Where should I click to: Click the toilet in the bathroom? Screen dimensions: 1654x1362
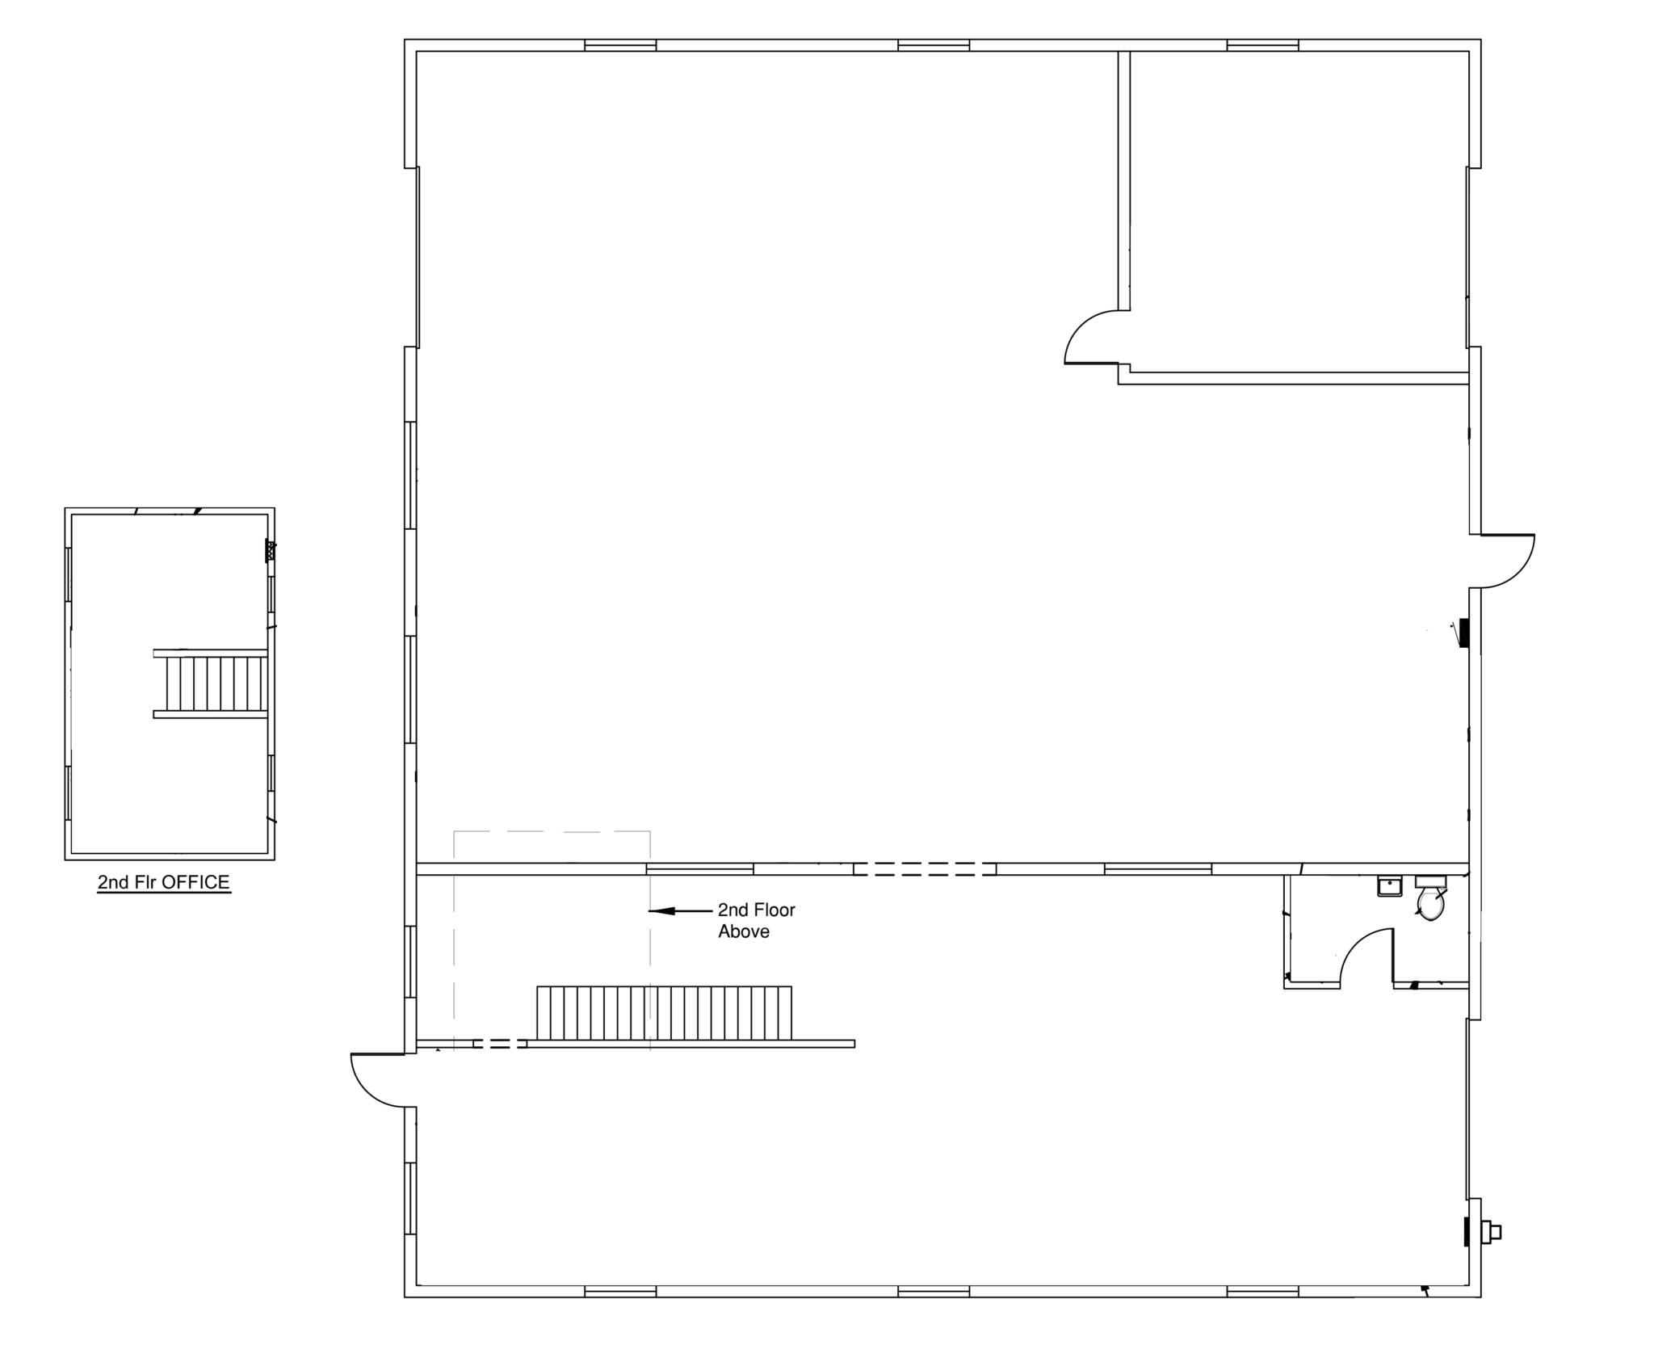pyautogui.click(x=1430, y=897)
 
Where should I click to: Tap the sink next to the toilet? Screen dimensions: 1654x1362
pyautogui.click(x=1389, y=886)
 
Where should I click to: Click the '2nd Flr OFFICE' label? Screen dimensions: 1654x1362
pyautogui.click(x=164, y=882)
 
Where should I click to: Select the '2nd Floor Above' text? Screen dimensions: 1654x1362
pyautogui.click(x=757, y=920)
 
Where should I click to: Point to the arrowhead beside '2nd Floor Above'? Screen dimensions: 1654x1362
pyautogui.click(x=661, y=911)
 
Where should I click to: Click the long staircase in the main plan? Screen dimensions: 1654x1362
pyautogui.click(x=664, y=1013)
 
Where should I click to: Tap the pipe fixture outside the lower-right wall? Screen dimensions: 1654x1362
pyautogui.click(x=1490, y=1232)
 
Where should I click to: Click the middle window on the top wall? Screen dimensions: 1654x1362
pyautogui.click(x=934, y=45)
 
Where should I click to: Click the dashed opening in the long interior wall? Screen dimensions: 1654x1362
pyautogui.click(x=925, y=869)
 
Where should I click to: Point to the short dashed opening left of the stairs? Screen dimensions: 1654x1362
pyautogui.click(x=500, y=1044)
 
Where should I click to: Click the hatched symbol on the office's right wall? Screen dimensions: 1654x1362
pyautogui.click(x=271, y=551)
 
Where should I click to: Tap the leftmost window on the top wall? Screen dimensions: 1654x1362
pyautogui.click(x=620, y=45)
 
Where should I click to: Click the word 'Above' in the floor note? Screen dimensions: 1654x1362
pyautogui.click(x=744, y=931)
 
